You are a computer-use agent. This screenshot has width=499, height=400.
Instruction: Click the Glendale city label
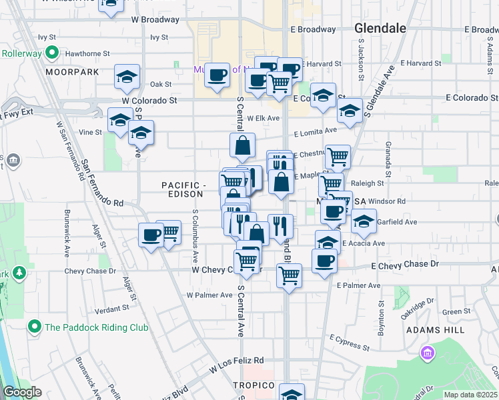coord(380,29)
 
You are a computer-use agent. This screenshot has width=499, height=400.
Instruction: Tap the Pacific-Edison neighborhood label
coord(181,189)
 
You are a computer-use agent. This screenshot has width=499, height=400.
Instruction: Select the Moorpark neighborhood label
coord(72,71)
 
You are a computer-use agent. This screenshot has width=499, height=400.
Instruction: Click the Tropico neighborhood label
coord(254,386)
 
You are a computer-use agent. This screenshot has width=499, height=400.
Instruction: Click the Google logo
coord(23,392)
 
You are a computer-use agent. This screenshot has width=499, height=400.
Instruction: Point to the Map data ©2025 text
coord(470,395)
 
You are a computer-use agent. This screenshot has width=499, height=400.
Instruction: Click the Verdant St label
coord(111,309)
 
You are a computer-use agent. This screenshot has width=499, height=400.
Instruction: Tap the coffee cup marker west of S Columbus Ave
coord(151,235)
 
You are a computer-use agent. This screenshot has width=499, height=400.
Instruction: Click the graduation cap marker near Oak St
coord(127,77)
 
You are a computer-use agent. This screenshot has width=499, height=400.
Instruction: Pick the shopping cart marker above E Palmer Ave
coord(289,274)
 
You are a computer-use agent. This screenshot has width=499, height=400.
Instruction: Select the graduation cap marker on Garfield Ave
coord(364,221)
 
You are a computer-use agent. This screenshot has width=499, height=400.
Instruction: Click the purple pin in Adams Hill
coord(427,353)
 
